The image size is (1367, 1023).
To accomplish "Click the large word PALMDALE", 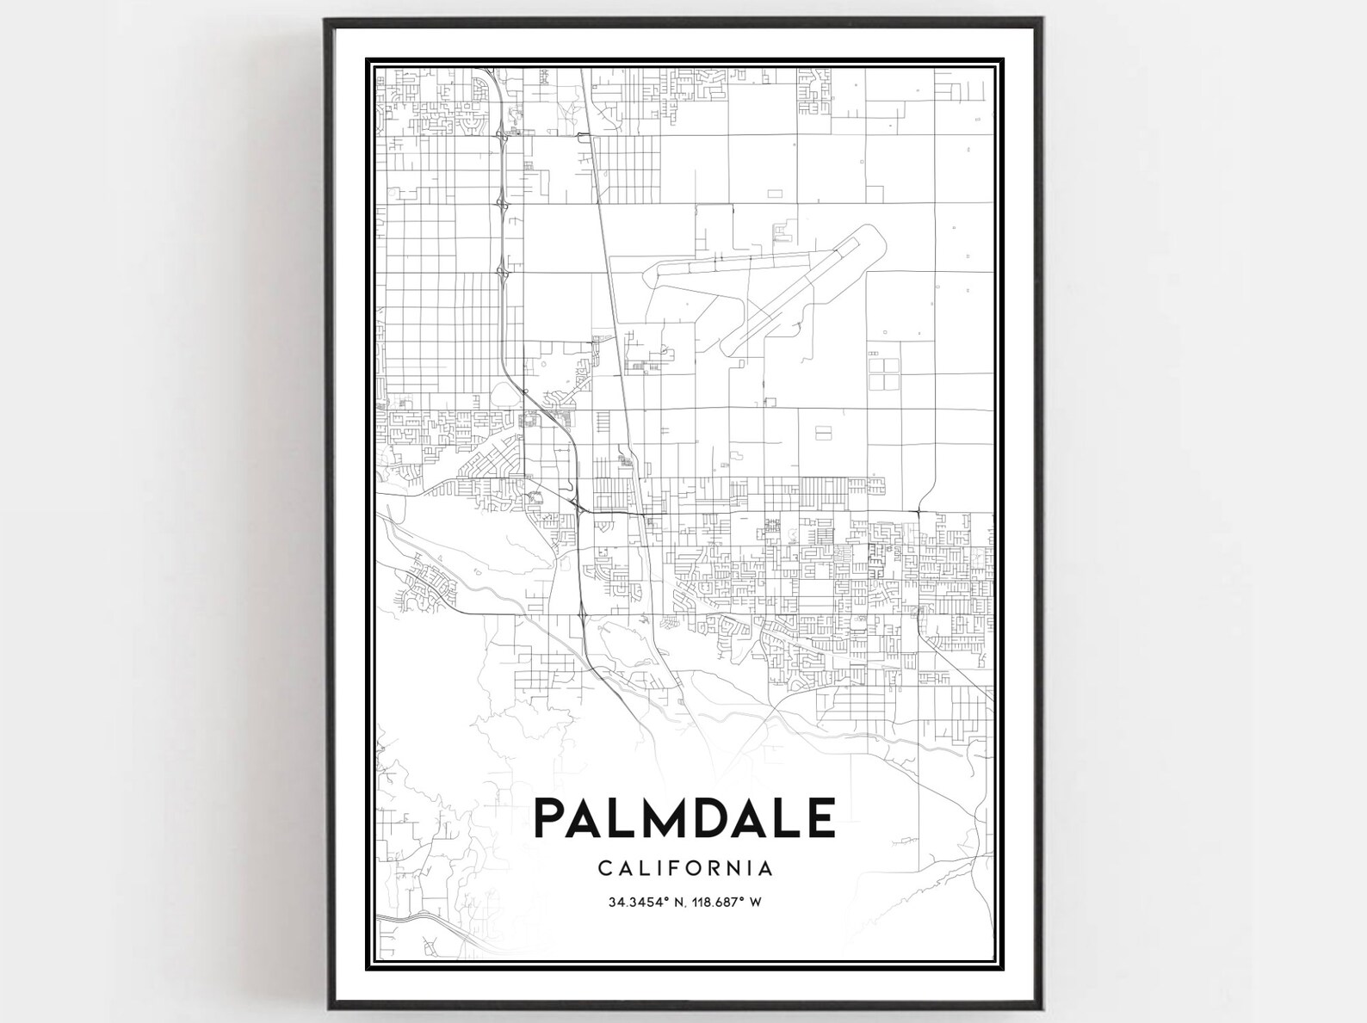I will pyautogui.click(x=684, y=817).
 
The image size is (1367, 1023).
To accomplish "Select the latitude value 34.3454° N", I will pyautogui.click(x=639, y=902).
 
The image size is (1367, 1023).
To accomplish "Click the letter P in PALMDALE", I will pyautogui.click(x=552, y=817).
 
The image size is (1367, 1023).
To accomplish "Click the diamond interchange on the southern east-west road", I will pyautogui.click(x=584, y=614).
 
